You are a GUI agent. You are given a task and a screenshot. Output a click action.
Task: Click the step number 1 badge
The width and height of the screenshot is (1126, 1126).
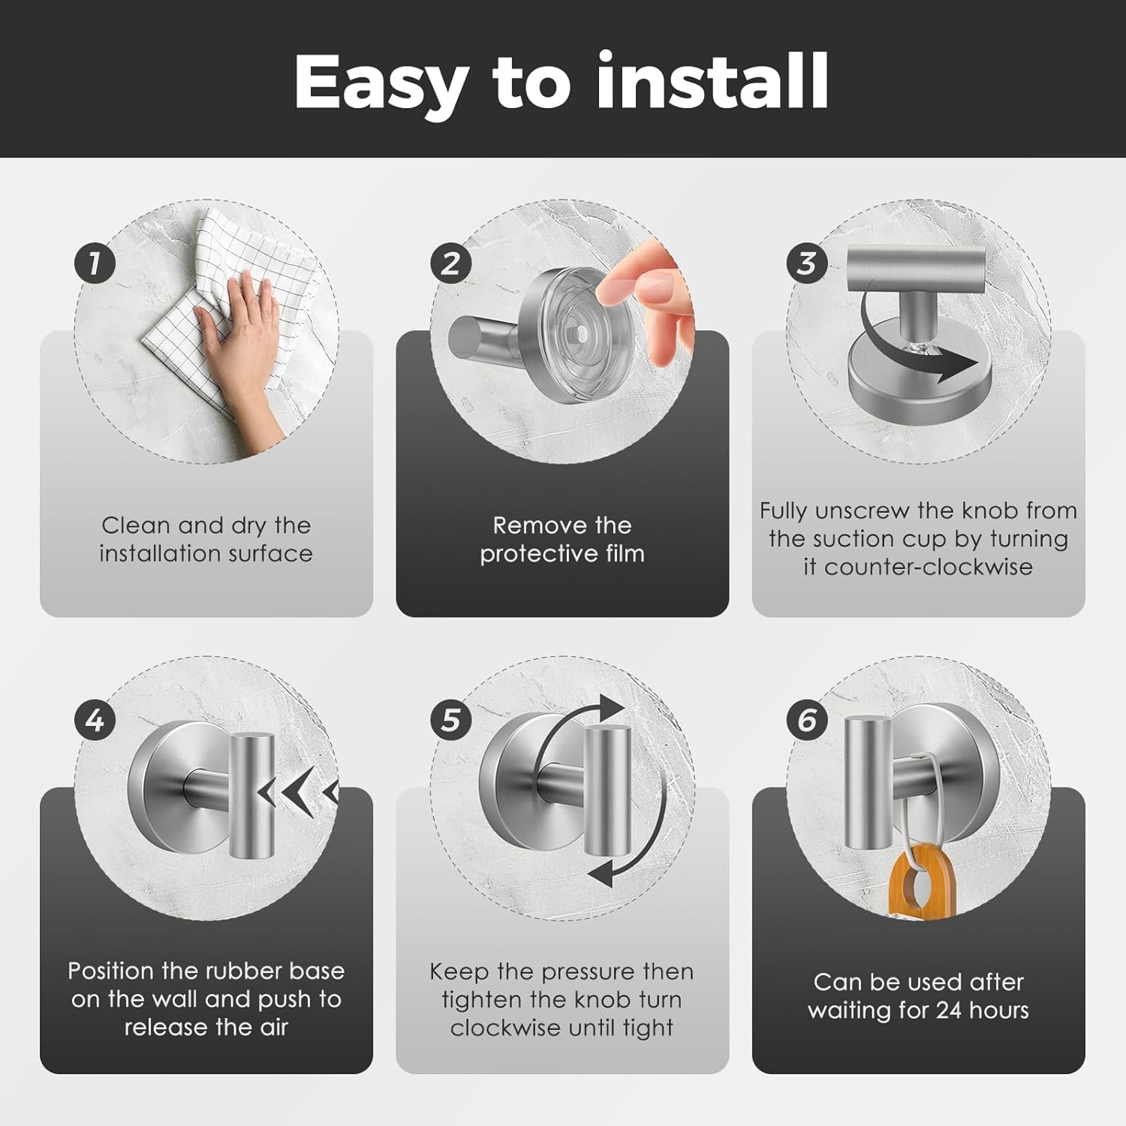[95, 263]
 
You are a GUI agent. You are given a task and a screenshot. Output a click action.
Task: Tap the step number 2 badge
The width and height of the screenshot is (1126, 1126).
[450, 263]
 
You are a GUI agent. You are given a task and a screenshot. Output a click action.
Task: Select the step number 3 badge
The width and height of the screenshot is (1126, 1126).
[807, 263]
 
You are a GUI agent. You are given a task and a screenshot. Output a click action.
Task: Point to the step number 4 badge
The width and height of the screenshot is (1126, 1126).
[95, 721]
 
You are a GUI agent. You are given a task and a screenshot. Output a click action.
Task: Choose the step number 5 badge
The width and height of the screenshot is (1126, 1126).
[450, 721]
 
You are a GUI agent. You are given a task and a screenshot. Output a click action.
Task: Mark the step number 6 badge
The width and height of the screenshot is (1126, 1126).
[807, 721]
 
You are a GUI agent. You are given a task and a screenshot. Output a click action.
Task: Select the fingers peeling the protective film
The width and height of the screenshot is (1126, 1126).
[646, 300]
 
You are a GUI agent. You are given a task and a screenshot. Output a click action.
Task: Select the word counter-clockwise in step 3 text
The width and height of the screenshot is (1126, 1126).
[929, 567]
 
